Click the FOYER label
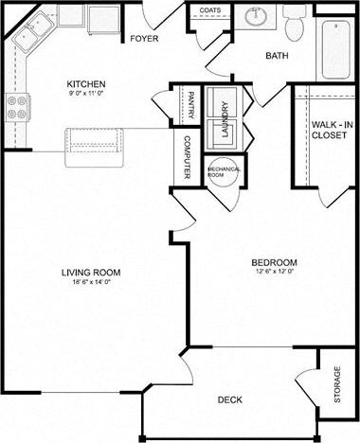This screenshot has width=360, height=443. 145,39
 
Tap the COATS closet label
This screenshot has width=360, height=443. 209,11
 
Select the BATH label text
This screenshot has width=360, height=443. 277,56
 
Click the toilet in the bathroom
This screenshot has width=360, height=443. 294,22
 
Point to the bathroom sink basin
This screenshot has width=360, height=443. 255,17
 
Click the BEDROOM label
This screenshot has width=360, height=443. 275,262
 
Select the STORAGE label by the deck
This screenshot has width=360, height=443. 338,387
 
